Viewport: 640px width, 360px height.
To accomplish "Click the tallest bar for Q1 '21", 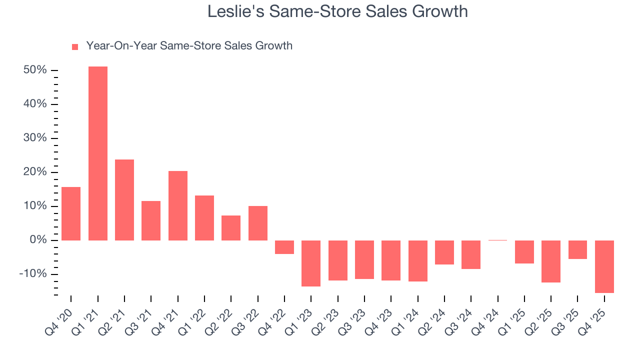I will pos(98,153).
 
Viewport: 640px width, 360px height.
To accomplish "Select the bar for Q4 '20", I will pos(71,213).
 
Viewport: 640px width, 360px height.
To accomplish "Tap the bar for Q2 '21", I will pos(124,200).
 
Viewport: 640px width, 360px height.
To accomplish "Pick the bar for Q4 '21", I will pos(178,205).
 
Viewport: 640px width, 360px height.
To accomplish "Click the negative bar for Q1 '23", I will pos(311,263).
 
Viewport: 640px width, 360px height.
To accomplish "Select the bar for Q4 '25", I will pos(604,266).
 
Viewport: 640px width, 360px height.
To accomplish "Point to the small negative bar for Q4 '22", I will pos(284,247).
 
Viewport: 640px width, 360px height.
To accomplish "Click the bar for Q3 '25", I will pos(577,249).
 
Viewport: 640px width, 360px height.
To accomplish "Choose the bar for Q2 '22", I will pos(231,228).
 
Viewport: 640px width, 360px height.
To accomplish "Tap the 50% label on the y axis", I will pos(35,70).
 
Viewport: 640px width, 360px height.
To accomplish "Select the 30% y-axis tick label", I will pos(35,138).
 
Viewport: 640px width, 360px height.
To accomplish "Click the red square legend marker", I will pos(75,47).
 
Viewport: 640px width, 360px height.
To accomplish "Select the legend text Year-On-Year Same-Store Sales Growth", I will pos(189,46).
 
